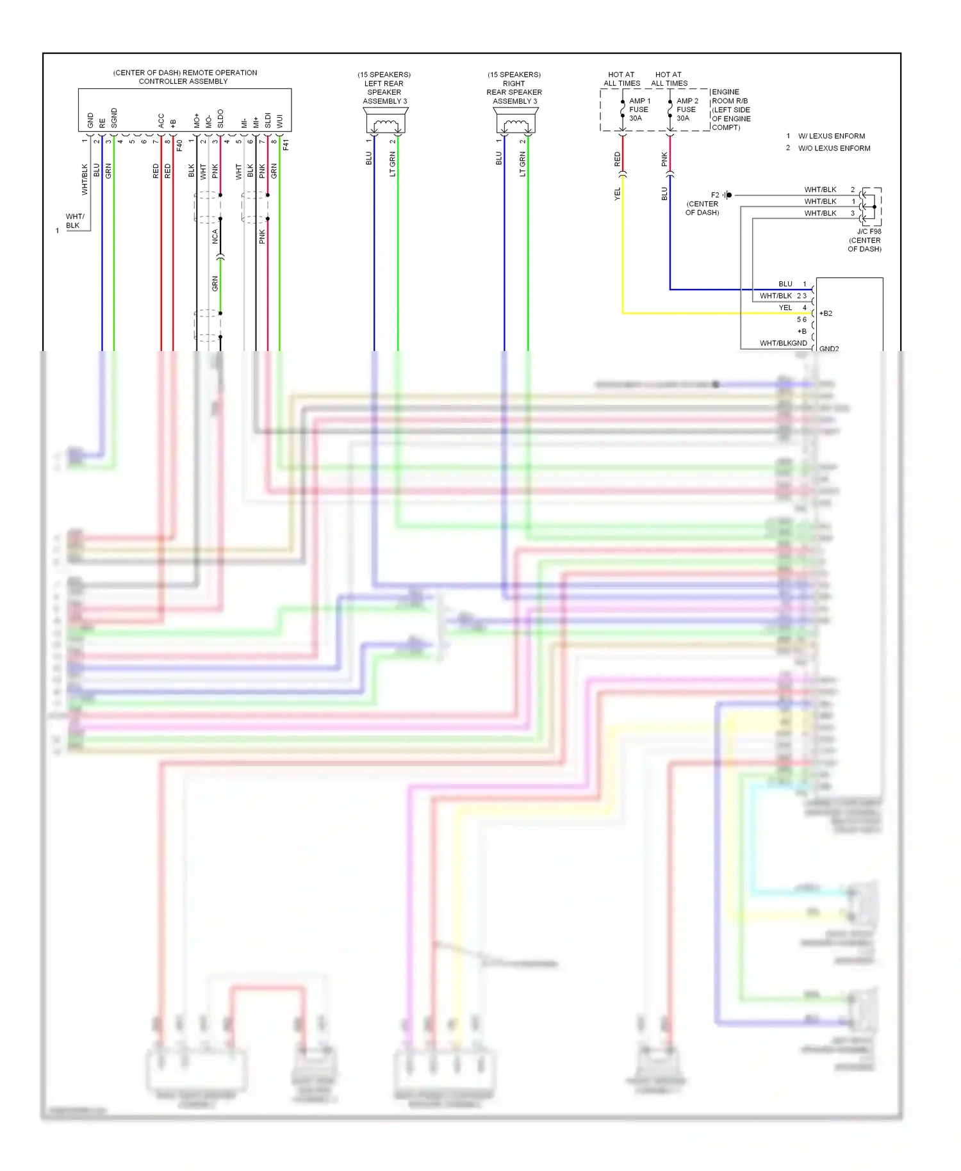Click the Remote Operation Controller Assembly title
pyautogui.click(x=185, y=77)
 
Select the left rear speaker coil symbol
pyautogui.click(x=385, y=124)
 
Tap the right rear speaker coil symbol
pyautogui.click(x=515, y=124)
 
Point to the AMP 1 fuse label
pyautogui.click(x=639, y=110)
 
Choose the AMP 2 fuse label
pyautogui.click(x=686, y=110)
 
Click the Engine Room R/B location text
pyautogui.click(x=731, y=110)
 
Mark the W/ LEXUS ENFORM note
pyautogui.click(x=831, y=136)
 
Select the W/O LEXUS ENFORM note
pyautogui.click(x=834, y=149)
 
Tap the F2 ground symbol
pyautogui.click(x=728, y=195)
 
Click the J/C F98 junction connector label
pyautogui.click(x=869, y=232)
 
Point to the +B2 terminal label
pyautogui.click(x=826, y=314)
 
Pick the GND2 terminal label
pyautogui.click(x=828, y=348)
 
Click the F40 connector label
pyautogui.click(x=179, y=145)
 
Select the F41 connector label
pyautogui.click(x=286, y=145)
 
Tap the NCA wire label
pyautogui.click(x=215, y=236)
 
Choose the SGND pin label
pyautogui.click(x=114, y=118)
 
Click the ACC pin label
pyautogui.click(x=161, y=120)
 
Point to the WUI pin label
pyautogui.click(x=279, y=121)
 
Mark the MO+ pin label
pyautogui.click(x=197, y=120)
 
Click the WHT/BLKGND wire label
pyautogui.click(x=783, y=343)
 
